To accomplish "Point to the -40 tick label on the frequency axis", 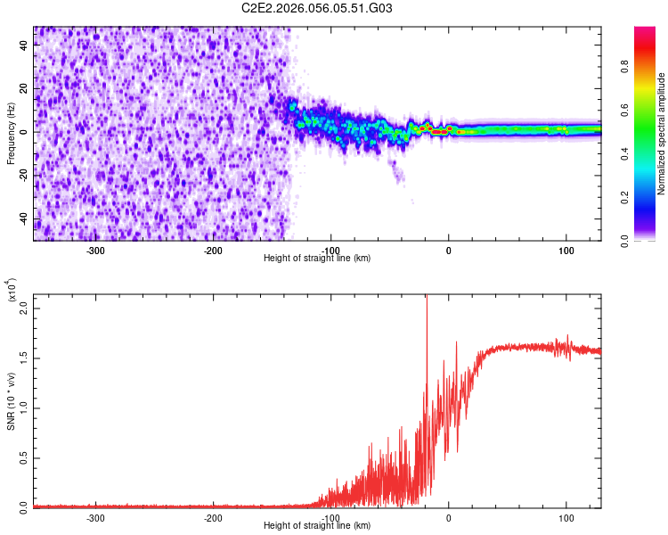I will tap(22, 219).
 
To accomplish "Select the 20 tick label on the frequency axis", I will tap(24, 89).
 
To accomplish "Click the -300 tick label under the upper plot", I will tap(95, 250).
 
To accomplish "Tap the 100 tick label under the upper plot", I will tap(566, 250).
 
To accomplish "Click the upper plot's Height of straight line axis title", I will tap(317, 259).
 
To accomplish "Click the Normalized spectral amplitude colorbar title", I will tap(662, 134).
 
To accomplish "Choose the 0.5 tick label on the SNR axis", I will tap(23, 457).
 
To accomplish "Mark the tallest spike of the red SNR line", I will tap(427, 298).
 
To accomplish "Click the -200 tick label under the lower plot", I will tap(213, 517).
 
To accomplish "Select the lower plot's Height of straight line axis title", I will tap(317, 526).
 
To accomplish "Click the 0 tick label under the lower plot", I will tap(449, 517).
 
